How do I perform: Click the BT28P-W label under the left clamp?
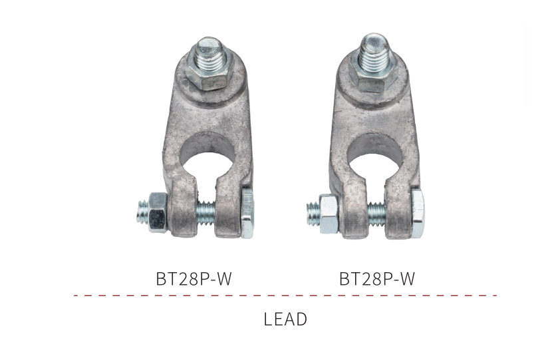tap(194, 279)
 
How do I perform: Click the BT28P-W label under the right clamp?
tap(377, 279)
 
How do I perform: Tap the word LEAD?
tap(285, 319)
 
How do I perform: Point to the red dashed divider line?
tap(285, 295)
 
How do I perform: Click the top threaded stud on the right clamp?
tap(375, 51)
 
